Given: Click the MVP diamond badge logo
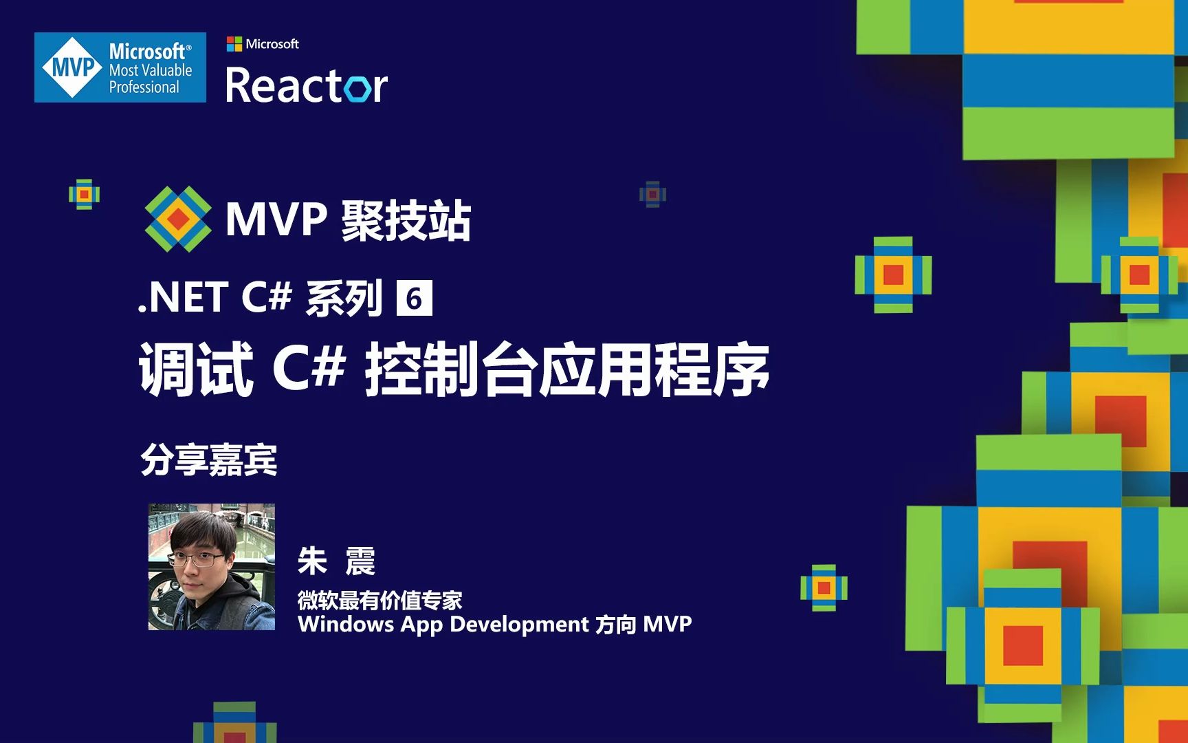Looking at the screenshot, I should coord(71,67).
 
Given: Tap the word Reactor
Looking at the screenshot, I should coord(306,86).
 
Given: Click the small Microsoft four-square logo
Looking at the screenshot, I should coord(234,44).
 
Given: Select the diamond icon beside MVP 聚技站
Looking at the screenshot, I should coord(178,219).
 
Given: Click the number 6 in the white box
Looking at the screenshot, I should coord(414,298).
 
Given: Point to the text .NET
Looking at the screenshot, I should coord(184,298).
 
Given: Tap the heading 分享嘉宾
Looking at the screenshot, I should coord(209,460).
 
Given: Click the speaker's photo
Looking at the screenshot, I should coord(212,567).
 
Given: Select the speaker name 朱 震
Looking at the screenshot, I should coord(336,561).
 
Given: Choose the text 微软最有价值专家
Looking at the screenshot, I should coord(379,601).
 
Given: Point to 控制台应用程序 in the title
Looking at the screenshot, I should coord(566,370).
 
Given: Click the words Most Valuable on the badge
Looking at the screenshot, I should coord(151,70).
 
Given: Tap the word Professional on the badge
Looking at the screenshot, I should coord(144,87).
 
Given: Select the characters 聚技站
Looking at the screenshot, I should coord(406,221).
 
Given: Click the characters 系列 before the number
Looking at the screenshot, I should coord(344,298).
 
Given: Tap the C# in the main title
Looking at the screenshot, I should coord(309,368).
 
